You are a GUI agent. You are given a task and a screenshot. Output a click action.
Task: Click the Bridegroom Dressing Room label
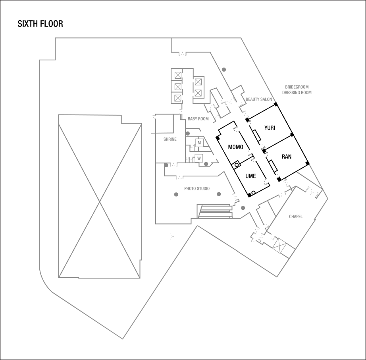coord(297,89)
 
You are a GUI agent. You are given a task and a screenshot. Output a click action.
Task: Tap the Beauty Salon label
coord(259,99)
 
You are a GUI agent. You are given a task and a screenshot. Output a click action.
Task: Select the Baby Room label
coord(198,119)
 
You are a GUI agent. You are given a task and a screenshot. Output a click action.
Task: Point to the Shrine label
coord(170,139)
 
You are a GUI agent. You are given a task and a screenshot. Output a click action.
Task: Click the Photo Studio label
coord(197,188)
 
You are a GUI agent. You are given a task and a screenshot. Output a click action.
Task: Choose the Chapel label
coord(296,217)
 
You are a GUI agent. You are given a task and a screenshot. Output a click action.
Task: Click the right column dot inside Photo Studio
coord(219,194)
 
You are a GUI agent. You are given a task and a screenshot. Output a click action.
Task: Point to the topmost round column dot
coord(224,70)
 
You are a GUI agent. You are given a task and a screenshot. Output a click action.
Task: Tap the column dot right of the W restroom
coord(206,164)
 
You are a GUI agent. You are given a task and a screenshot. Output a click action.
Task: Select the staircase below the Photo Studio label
coord(215,211)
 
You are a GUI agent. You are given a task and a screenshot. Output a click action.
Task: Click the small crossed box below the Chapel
coord(280,245)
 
